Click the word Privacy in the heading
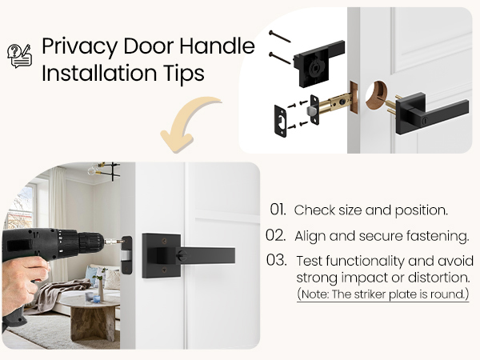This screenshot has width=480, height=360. tap(73, 46)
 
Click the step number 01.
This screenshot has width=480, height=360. tap(278, 210)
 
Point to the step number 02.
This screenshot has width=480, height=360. tap(275, 236)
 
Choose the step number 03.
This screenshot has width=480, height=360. tap(277, 261)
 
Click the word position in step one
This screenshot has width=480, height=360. tap(418, 210)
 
